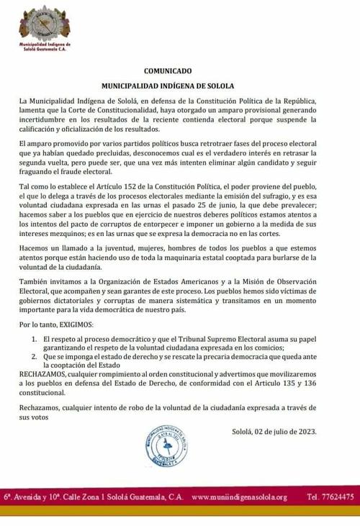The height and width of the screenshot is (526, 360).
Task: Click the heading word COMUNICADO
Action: pyautogui.click(x=168, y=72)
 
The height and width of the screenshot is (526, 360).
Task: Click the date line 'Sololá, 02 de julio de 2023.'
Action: pyautogui.click(x=274, y=432)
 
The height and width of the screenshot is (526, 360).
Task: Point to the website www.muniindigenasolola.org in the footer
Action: pyautogui.click(x=240, y=497)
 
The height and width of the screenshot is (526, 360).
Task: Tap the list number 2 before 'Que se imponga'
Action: pyautogui.click(x=34, y=355)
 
